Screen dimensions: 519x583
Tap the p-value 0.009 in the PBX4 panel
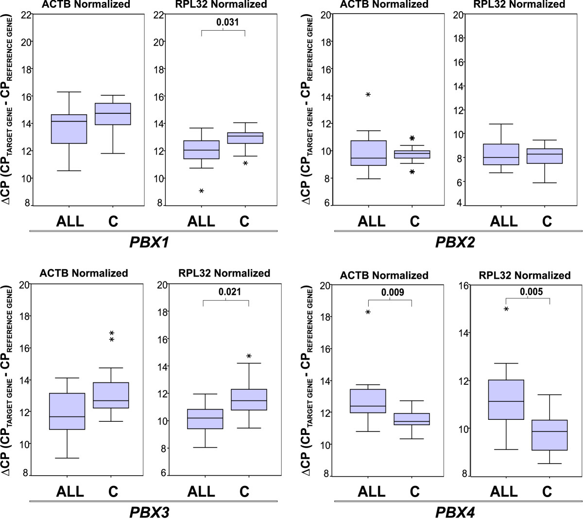coord(393,293)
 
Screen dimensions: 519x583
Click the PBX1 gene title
coord(149,242)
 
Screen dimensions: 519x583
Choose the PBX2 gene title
coord(455,242)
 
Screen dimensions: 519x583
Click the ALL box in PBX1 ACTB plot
coord(69,129)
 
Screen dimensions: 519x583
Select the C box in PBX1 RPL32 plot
coord(245,138)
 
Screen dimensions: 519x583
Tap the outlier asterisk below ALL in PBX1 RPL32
coord(201,191)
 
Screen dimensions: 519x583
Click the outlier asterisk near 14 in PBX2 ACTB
coord(368,95)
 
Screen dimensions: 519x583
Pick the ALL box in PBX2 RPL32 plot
coord(504,155)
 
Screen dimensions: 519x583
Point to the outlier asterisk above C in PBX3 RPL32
coord(249,357)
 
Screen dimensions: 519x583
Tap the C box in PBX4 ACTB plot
coord(414,419)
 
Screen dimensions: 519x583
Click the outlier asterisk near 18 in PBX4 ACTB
coord(368,312)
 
